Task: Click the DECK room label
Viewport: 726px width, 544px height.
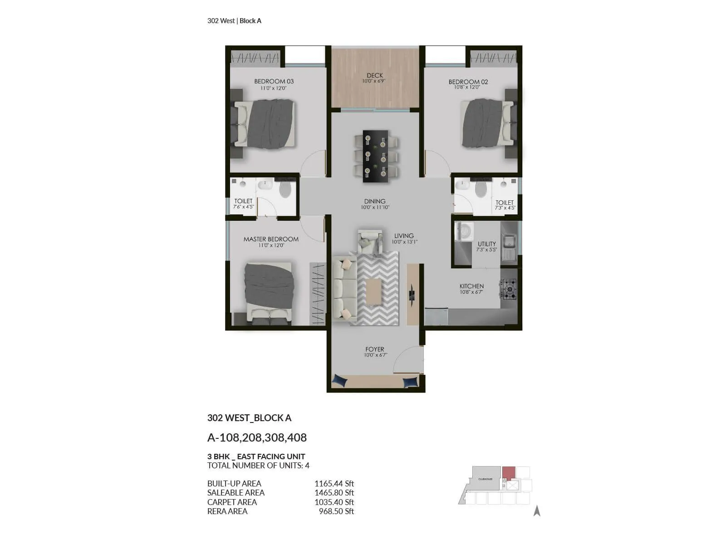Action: (x=375, y=76)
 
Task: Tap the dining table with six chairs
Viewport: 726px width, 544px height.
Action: (x=375, y=156)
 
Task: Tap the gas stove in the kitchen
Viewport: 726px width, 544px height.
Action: (x=508, y=289)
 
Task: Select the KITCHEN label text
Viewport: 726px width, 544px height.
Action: (x=471, y=286)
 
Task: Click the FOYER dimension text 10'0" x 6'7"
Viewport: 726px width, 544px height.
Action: (x=375, y=355)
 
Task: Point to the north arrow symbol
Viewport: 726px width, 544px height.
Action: (x=537, y=511)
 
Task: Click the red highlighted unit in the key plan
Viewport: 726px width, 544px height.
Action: (x=509, y=472)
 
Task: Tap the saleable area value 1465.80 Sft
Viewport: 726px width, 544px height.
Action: (x=334, y=493)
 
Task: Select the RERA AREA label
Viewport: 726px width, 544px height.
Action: (x=227, y=511)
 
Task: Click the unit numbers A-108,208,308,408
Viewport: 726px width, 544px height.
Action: (x=257, y=437)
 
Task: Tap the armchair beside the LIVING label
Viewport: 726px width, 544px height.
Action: (x=370, y=242)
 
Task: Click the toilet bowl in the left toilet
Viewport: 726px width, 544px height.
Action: (x=285, y=189)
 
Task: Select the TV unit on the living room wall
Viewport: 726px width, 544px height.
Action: (x=412, y=294)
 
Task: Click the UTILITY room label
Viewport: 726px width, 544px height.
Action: (x=486, y=244)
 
